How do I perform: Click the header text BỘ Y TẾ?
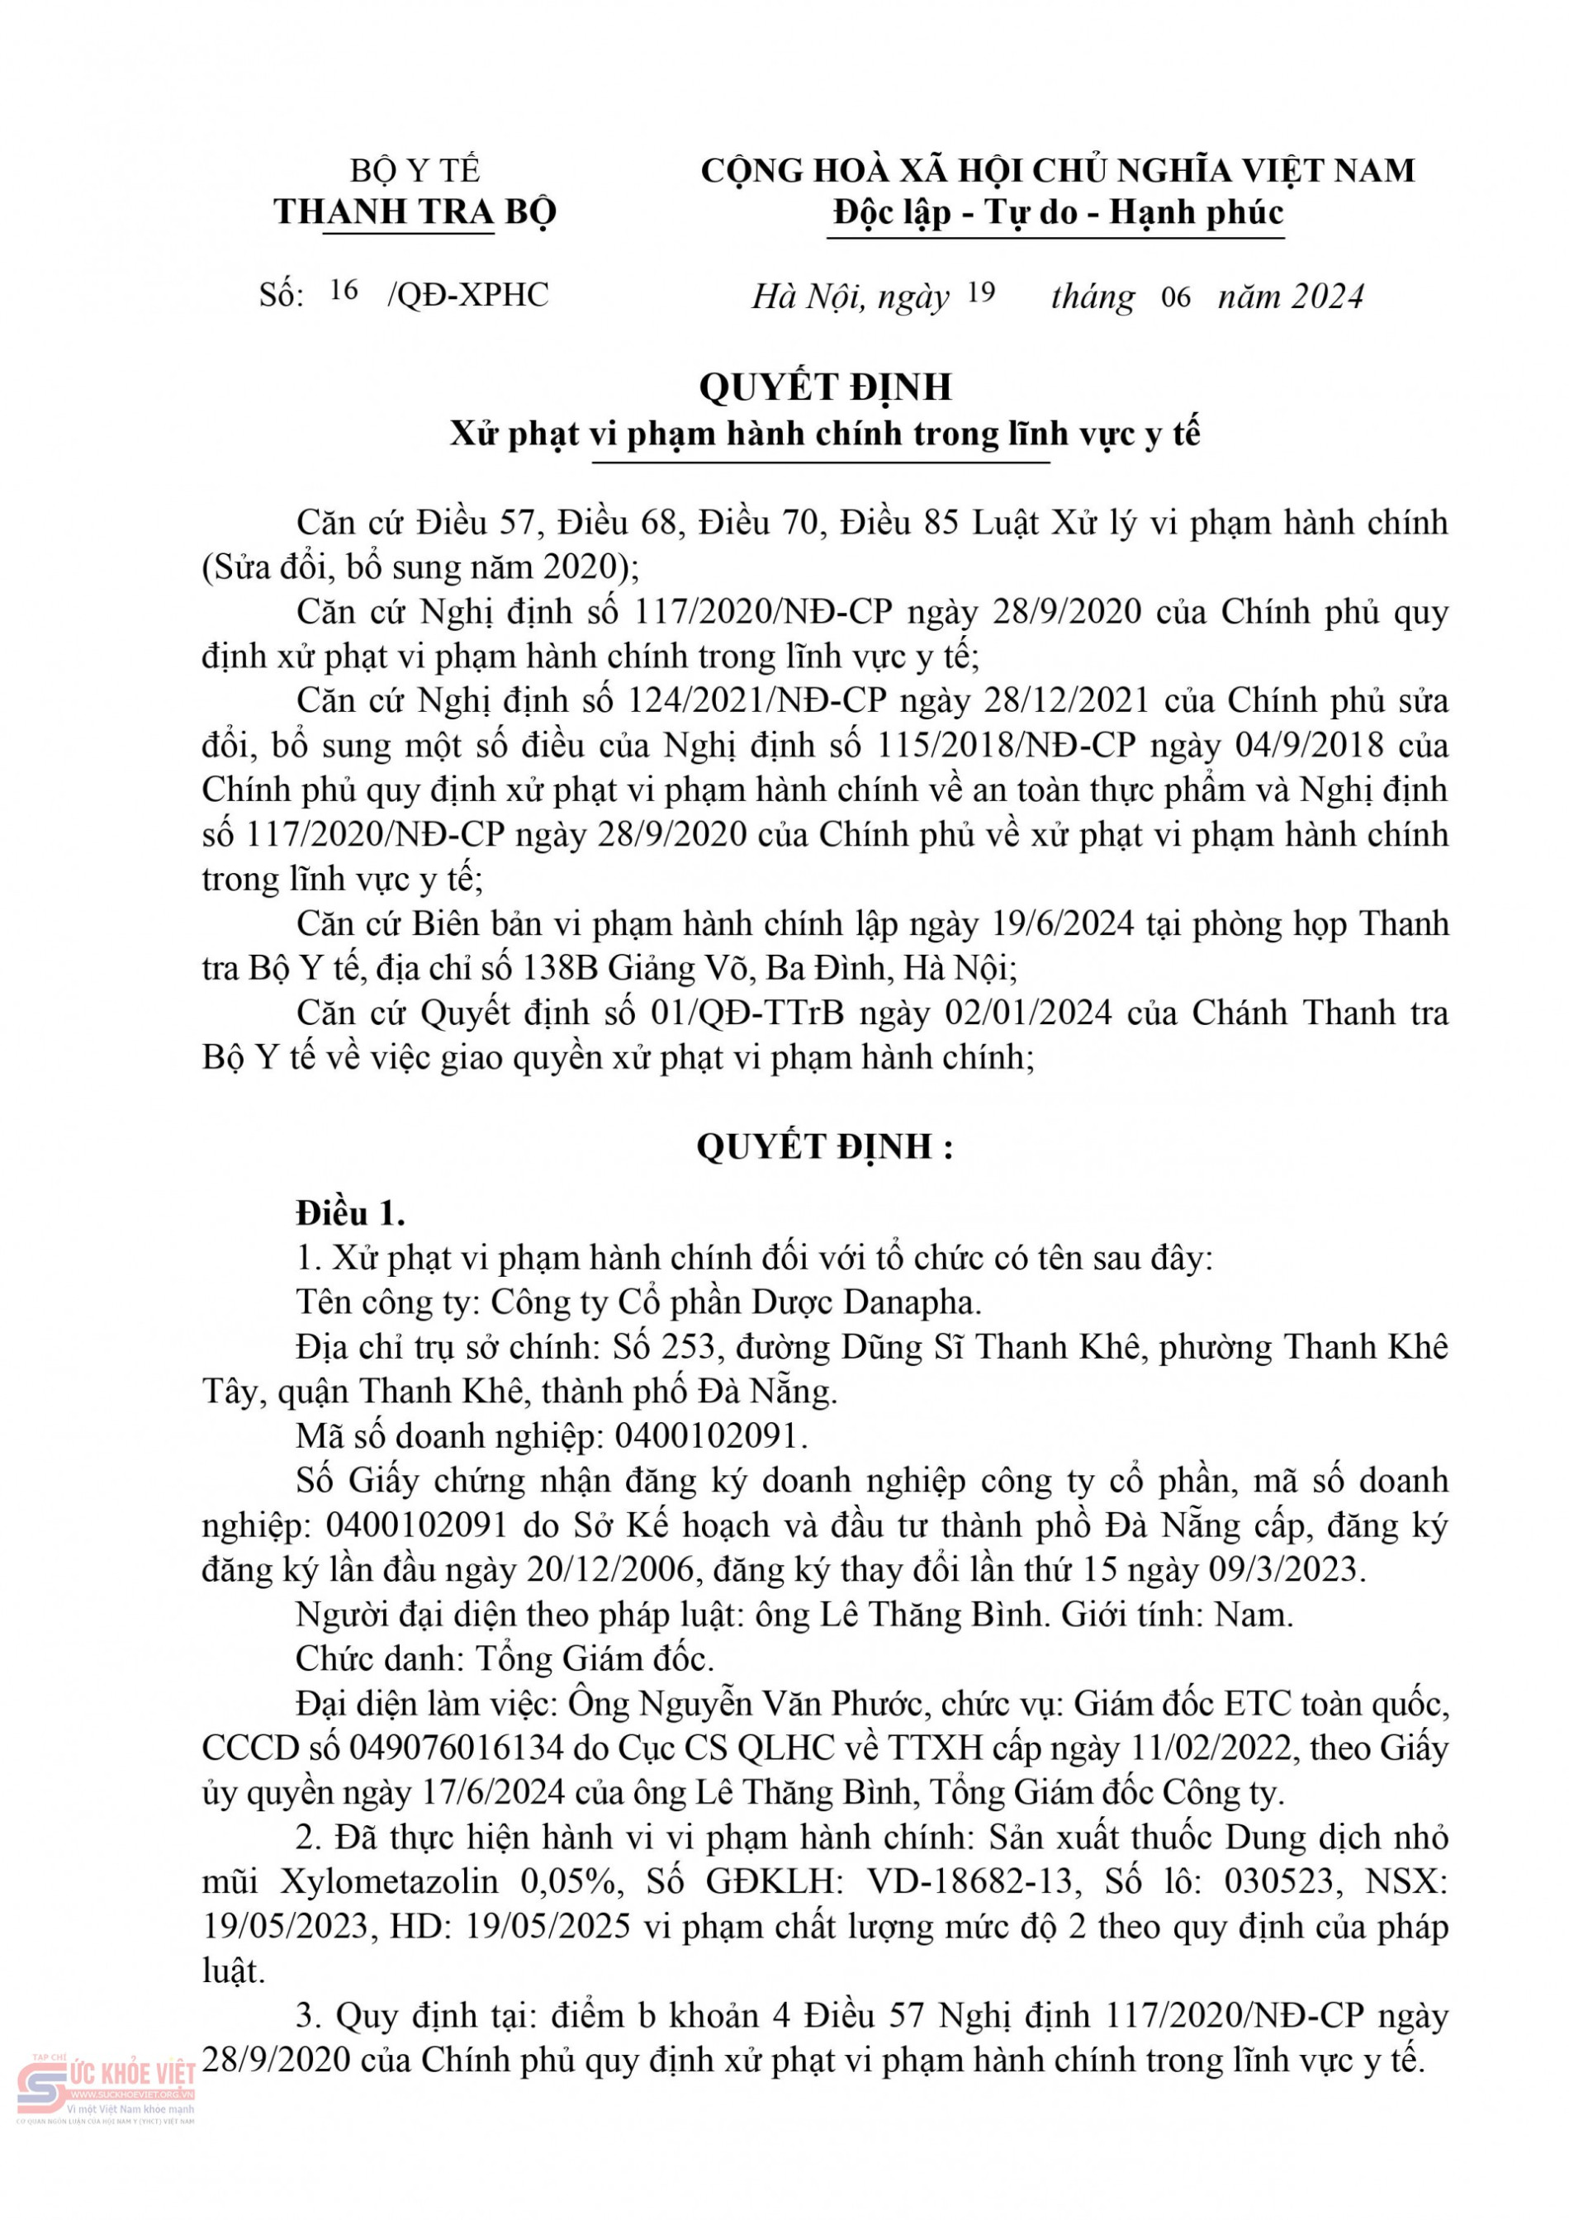tap(415, 171)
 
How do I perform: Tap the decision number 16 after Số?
tap(344, 290)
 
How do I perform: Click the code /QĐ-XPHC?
tap(468, 295)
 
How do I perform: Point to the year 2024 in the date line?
tap(1326, 296)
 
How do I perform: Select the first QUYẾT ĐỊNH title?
tap(826, 387)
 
